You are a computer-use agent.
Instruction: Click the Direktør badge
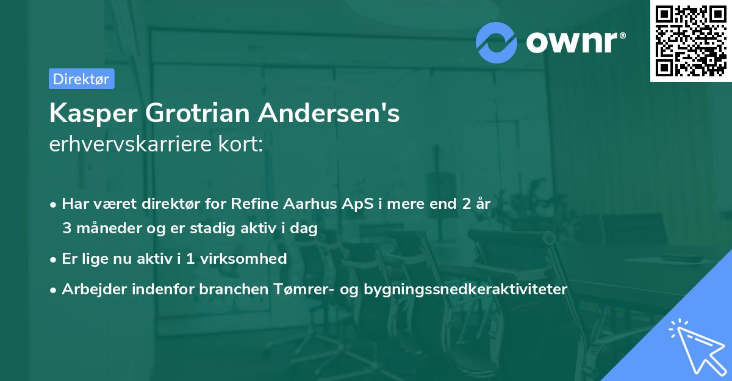pyautogui.click(x=81, y=79)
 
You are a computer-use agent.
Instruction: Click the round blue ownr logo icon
pyautogui.click(x=496, y=43)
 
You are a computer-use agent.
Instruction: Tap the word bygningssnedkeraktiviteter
pyautogui.click(x=465, y=289)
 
